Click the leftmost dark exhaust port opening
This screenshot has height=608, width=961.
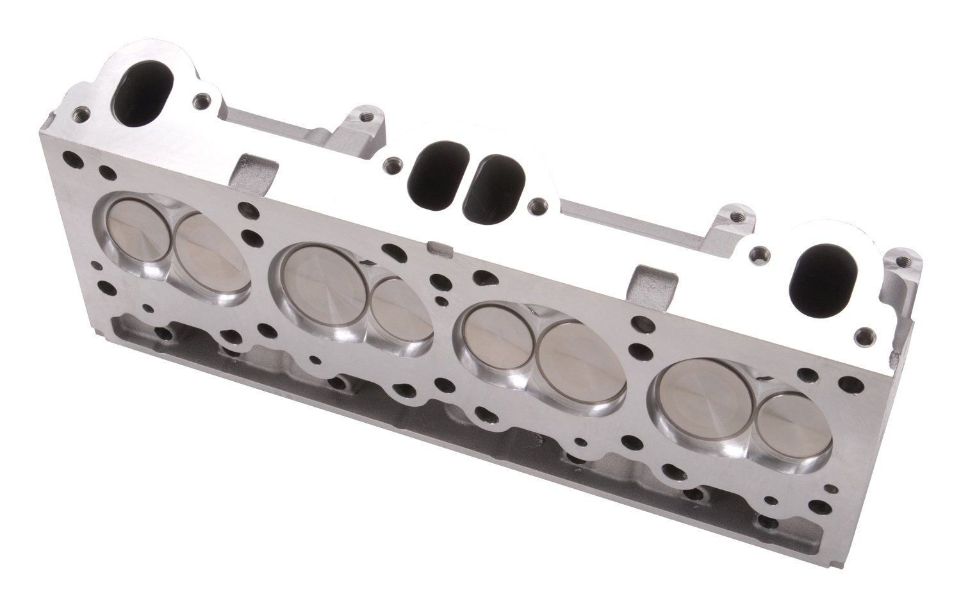click(140, 88)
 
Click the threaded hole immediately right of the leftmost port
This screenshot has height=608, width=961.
click(204, 99)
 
